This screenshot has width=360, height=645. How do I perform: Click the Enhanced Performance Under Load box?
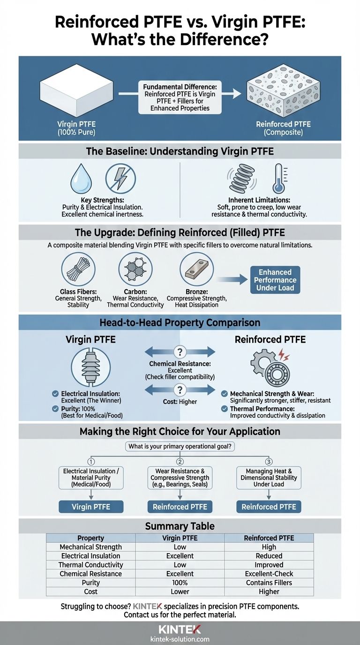[x=275, y=280]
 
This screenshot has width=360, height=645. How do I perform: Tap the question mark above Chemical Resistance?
[x=180, y=352]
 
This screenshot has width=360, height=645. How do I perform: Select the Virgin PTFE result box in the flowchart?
[x=91, y=507]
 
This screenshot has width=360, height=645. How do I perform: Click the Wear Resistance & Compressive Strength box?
[x=180, y=478]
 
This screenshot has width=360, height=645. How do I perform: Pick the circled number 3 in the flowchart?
[x=269, y=461]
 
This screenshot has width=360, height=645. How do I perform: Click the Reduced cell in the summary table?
[x=269, y=556]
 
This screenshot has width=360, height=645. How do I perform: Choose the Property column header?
[x=90, y=538]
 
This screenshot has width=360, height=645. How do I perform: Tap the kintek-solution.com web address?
[x=180, y=639]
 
